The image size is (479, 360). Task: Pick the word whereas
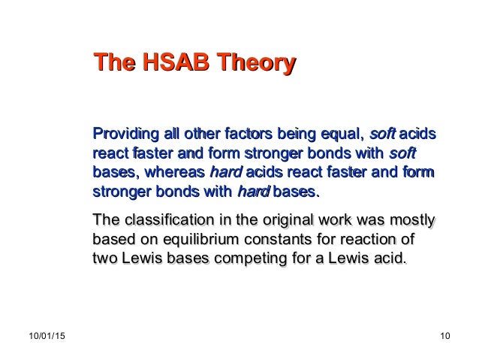(174, 174)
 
